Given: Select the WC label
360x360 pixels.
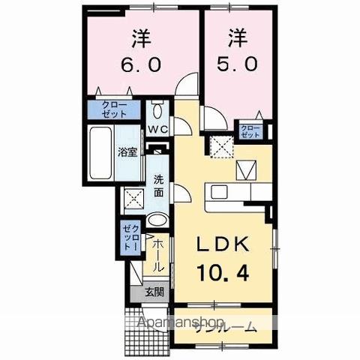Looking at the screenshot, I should point(157,129).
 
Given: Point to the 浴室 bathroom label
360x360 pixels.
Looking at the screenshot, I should point(127,154).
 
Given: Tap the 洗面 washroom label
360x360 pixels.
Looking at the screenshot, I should point(158,185).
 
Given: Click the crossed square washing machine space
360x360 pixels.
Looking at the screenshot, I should point(135,199).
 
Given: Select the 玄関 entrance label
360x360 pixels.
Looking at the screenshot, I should point(154,292).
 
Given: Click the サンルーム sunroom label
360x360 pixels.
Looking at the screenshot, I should point(225,327).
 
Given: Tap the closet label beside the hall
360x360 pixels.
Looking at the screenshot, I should point(129,237).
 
